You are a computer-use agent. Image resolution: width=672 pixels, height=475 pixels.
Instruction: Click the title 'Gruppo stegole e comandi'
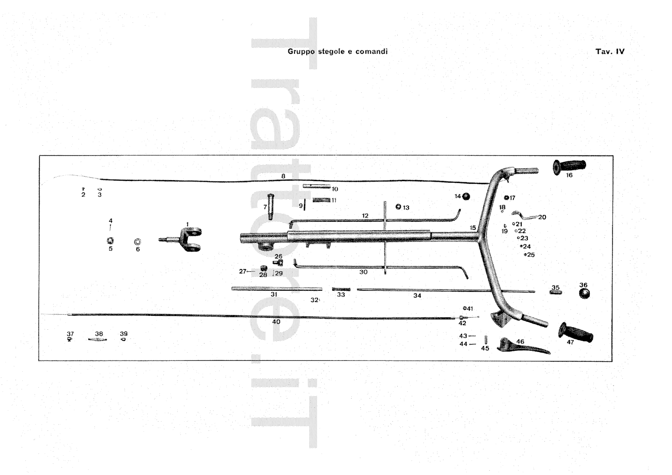[337, 52]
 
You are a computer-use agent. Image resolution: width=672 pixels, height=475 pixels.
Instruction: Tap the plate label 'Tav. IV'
[609, 52]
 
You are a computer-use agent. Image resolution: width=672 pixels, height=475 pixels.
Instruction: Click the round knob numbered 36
[584, 293]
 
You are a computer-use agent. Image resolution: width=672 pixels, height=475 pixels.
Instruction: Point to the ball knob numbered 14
[466, 196]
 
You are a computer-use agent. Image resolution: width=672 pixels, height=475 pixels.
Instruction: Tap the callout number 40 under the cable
[276, 322]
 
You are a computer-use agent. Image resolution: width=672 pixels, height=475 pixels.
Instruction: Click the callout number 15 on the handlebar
[472, 228]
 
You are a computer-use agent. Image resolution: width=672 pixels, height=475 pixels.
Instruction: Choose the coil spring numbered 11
[321, 200]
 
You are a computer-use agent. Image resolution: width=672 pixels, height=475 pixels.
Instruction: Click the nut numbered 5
[110, 241]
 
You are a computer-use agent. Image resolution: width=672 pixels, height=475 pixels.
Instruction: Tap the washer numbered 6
[137, 242]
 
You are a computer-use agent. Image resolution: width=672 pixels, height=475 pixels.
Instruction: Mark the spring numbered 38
[98, 339]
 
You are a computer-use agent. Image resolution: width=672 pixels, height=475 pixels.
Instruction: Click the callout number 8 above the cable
[283, 176]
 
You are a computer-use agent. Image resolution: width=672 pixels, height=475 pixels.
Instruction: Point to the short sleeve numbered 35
[556, 292]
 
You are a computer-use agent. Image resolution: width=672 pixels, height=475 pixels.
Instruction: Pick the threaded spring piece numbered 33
[341, 289]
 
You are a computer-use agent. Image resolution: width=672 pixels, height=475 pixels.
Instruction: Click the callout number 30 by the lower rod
[363, 272]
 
